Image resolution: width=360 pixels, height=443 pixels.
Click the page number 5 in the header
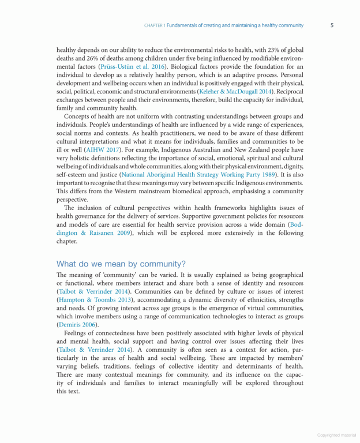[x=332, y=25]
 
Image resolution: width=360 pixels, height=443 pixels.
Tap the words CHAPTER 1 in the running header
[x=154, y=25]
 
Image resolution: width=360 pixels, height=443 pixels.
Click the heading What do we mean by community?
[x=121, y=264]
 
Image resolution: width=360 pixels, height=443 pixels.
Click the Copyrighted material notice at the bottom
[x=337, y=436]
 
